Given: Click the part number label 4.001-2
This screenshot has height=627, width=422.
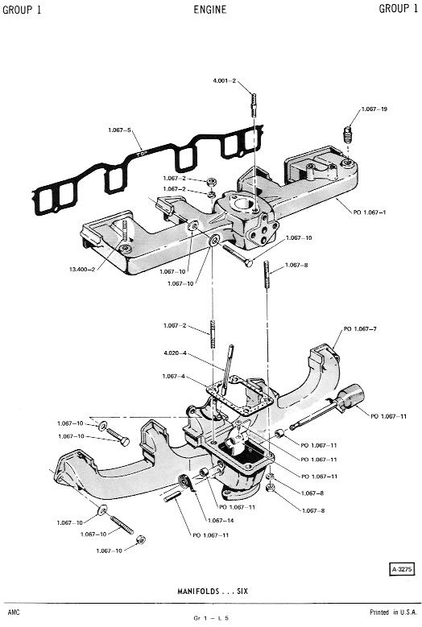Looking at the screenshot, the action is pyautogui.click(x=225, y=80).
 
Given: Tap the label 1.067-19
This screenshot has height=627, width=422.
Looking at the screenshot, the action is pyautogui.click(x=374, y=109).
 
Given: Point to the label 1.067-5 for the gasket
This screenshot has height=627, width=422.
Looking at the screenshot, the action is pyautogui.click(x=119, y=130).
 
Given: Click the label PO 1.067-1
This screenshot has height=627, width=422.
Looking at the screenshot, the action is pyautogui.click(x=370, y=212).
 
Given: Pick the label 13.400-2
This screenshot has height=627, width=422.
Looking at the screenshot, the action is pyautogui.click(x=82, y=269).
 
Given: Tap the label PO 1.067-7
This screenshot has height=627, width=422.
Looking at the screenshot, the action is pyautogui.click(x=360, y=329).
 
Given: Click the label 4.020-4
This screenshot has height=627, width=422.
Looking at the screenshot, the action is pyautogui.click(x=176, y=353).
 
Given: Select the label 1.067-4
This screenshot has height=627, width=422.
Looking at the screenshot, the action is pyautogui.click(x=173, y=376).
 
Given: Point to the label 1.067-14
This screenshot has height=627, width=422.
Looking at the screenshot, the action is pyautogui.click(x=221, y=521).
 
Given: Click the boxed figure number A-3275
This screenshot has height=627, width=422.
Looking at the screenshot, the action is pyautogui.click(x=402, y=569).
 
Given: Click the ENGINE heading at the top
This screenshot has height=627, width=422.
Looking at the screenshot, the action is pyautogui.click(x=210, y=10).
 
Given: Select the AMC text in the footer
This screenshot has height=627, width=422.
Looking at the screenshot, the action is pyautogui.click(x=13, y=613).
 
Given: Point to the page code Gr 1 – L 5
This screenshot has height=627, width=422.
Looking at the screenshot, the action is pyautogui.click(x=211, y=618).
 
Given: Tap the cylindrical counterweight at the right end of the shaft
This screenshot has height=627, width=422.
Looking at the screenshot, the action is pyautogui.click(x=352, y=396).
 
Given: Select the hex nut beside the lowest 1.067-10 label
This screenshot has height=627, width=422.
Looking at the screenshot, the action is pyautogui.click(x=140, y=539).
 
